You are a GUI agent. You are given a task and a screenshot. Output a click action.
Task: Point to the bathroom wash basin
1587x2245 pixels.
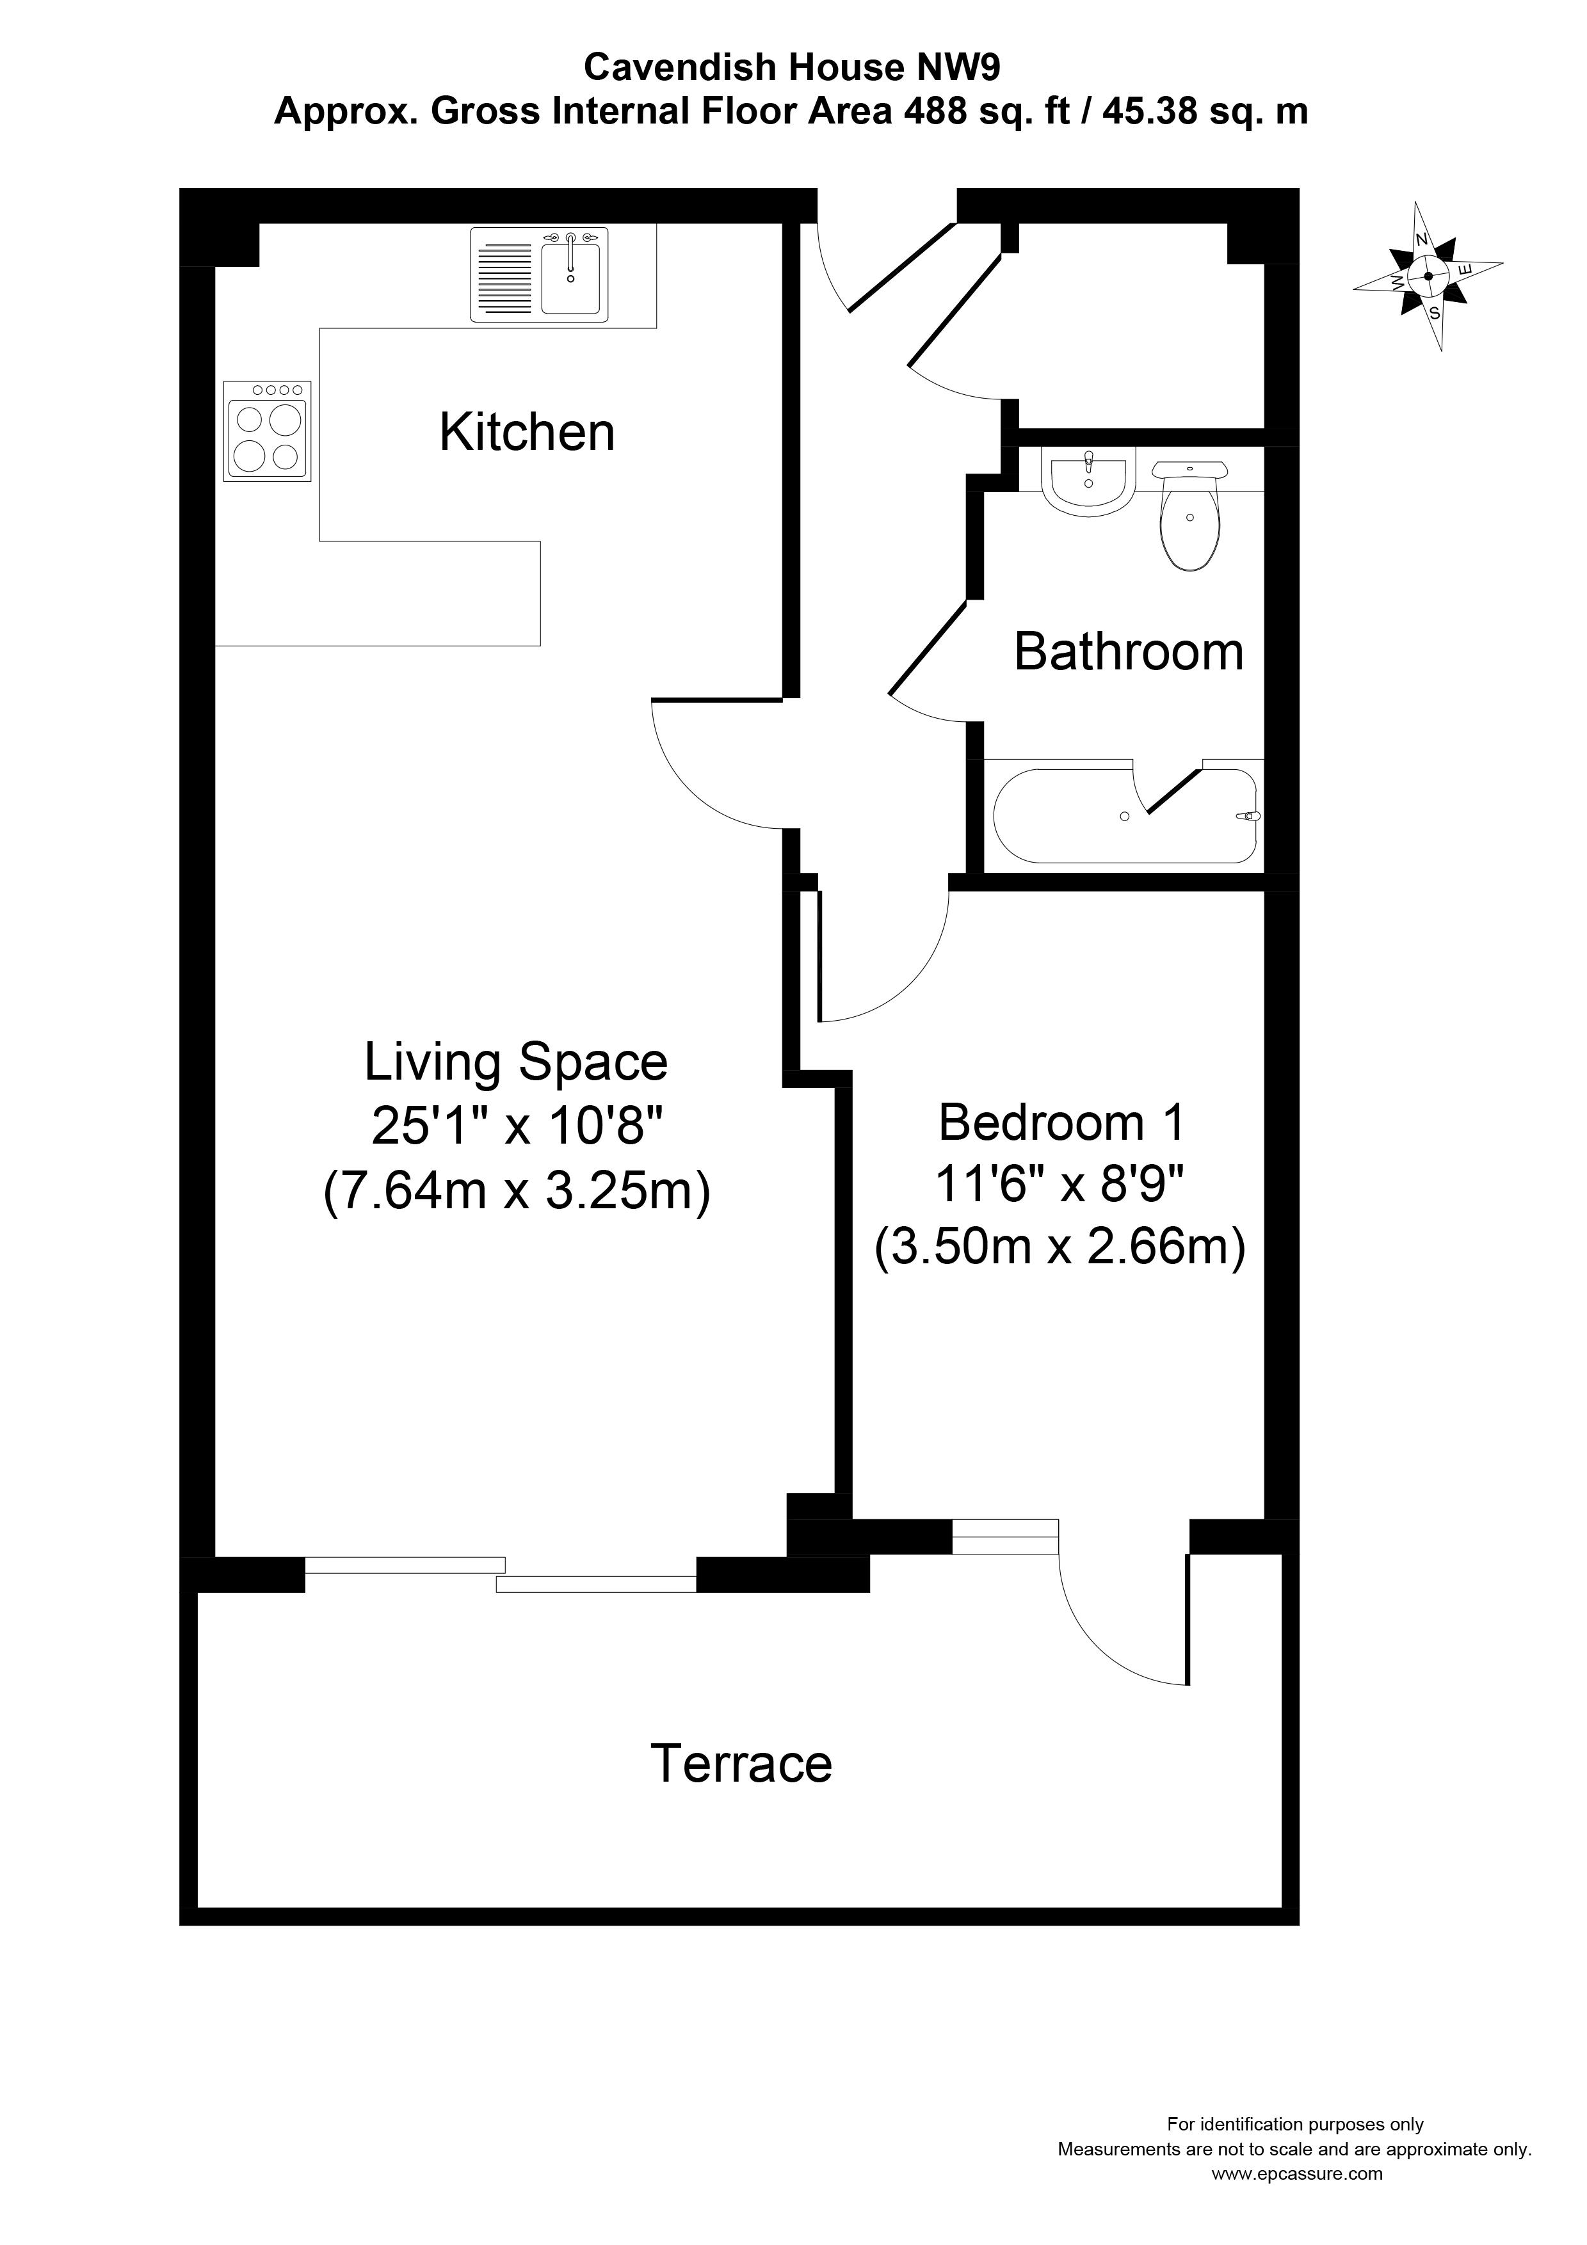1087,482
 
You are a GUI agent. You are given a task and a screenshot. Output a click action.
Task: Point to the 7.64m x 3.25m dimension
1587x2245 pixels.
515,1191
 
